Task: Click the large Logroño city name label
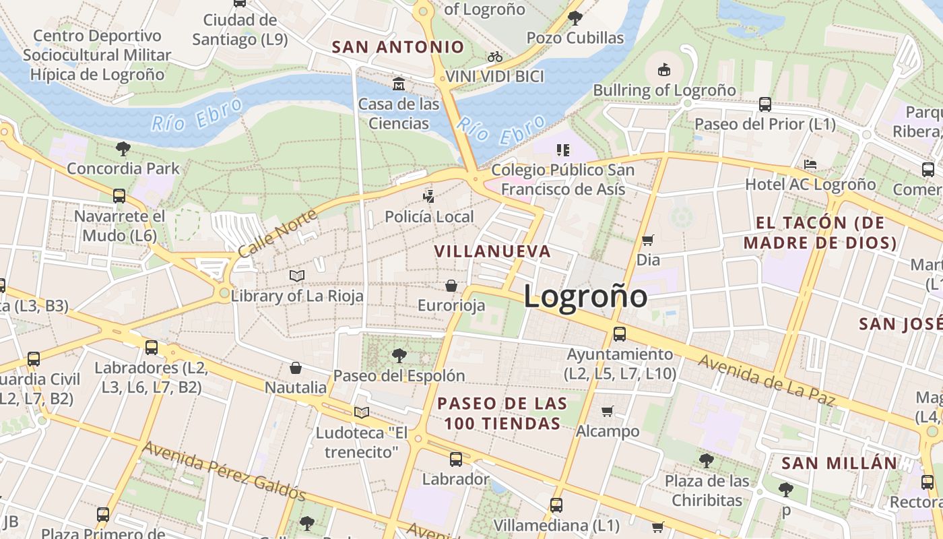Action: click(585, 297)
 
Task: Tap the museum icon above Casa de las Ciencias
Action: click(399, 84)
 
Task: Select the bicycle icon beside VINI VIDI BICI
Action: click(495, 57)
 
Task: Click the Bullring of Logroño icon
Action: click(663, 69)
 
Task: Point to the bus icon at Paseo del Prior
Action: click(765, 104)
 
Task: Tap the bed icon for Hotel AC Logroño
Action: click(810, 164)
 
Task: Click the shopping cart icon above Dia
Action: click(648, 240)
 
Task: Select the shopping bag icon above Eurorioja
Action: click(451, 286)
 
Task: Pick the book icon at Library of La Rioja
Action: click(297, 276)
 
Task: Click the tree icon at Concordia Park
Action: click(123, 148)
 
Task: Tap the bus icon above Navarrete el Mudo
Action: click(119, 196)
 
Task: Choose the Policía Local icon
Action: click(428, 197)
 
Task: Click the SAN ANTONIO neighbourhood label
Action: click(398, 47)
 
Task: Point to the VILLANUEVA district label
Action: click(492, 251)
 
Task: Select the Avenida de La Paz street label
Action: click(766, 381)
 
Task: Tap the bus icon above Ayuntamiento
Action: click(620, 334)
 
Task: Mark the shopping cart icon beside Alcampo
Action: click(607, 411)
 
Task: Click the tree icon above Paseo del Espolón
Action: click(399, 355)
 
